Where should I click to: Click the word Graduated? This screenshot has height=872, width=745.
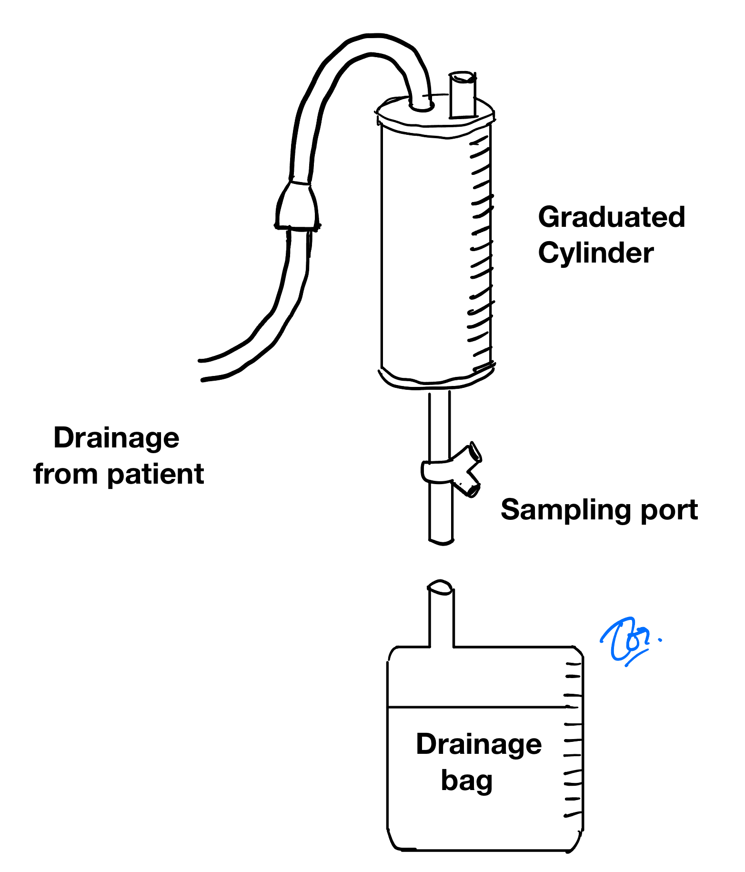tap(611, 218)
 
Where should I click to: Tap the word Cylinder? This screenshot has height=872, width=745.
tap(595, 253)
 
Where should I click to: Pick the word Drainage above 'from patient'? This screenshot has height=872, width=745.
tap(116, 438)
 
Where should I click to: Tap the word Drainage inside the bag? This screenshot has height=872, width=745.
tap(479, 744)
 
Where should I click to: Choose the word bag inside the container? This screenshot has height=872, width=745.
tap(466, 781)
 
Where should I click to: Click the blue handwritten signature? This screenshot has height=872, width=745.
tap(628, 640)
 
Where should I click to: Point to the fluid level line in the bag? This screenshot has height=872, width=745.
tap(476, 707)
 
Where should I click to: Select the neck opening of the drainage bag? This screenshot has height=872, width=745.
tap(441, 587)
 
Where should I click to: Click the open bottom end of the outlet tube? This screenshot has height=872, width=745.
tap(441, 541)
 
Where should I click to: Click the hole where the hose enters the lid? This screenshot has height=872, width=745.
tap(421, 106)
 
